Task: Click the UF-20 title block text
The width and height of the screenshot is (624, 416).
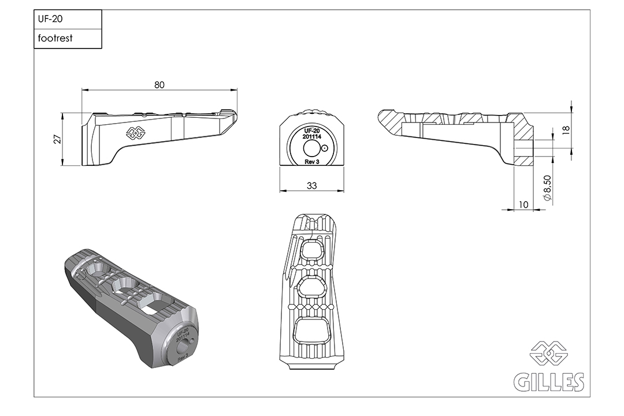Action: (x=50, y=19)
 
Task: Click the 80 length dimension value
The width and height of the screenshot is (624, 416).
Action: (x=159, y=84)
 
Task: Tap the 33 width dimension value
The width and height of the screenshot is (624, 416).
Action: (x=311, y=185)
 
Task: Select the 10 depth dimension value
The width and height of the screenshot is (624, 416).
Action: (x=523, y=204)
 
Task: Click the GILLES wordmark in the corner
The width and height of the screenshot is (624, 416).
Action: (x=548, y=382)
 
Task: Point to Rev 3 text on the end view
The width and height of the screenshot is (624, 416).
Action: (x=311, y=162)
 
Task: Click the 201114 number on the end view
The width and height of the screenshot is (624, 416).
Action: (x=311, y=136)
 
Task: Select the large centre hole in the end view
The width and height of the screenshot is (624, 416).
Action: (x=311, y=149)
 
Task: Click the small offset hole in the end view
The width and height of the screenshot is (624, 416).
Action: (x=325, y=148)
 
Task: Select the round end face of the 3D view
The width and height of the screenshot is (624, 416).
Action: (x=182, y=342)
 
